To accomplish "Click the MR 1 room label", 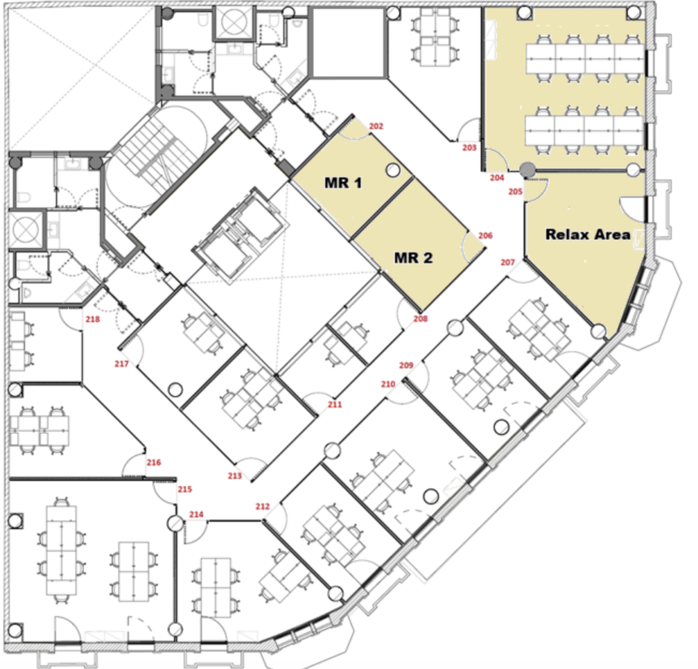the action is [x=343, y=183].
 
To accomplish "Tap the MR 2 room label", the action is [x=413, y=257].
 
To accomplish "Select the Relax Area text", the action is [x=588, y=234].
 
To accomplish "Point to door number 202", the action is [x=376, y=127].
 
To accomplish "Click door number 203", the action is [x=469, y=147].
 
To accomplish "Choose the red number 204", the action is [x=497, y=177].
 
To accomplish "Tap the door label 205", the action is [x=515, y=191].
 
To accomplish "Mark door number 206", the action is [x=485, y=235].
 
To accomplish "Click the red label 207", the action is [x=507, y=262].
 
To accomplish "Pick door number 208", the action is [x=420, y=318].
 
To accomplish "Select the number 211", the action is [x=335, y=404].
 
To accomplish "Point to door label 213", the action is [x=235, y=476].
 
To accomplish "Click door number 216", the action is [x=154, y=462].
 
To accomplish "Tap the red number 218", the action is [x=92, y=319].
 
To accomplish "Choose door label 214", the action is [x=196, y=514].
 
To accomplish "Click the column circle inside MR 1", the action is [x=393, y=170].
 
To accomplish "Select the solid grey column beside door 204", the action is [x=527, y=169].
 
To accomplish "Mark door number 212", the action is [x=262, y=506].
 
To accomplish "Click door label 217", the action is [x=121, y=363].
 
